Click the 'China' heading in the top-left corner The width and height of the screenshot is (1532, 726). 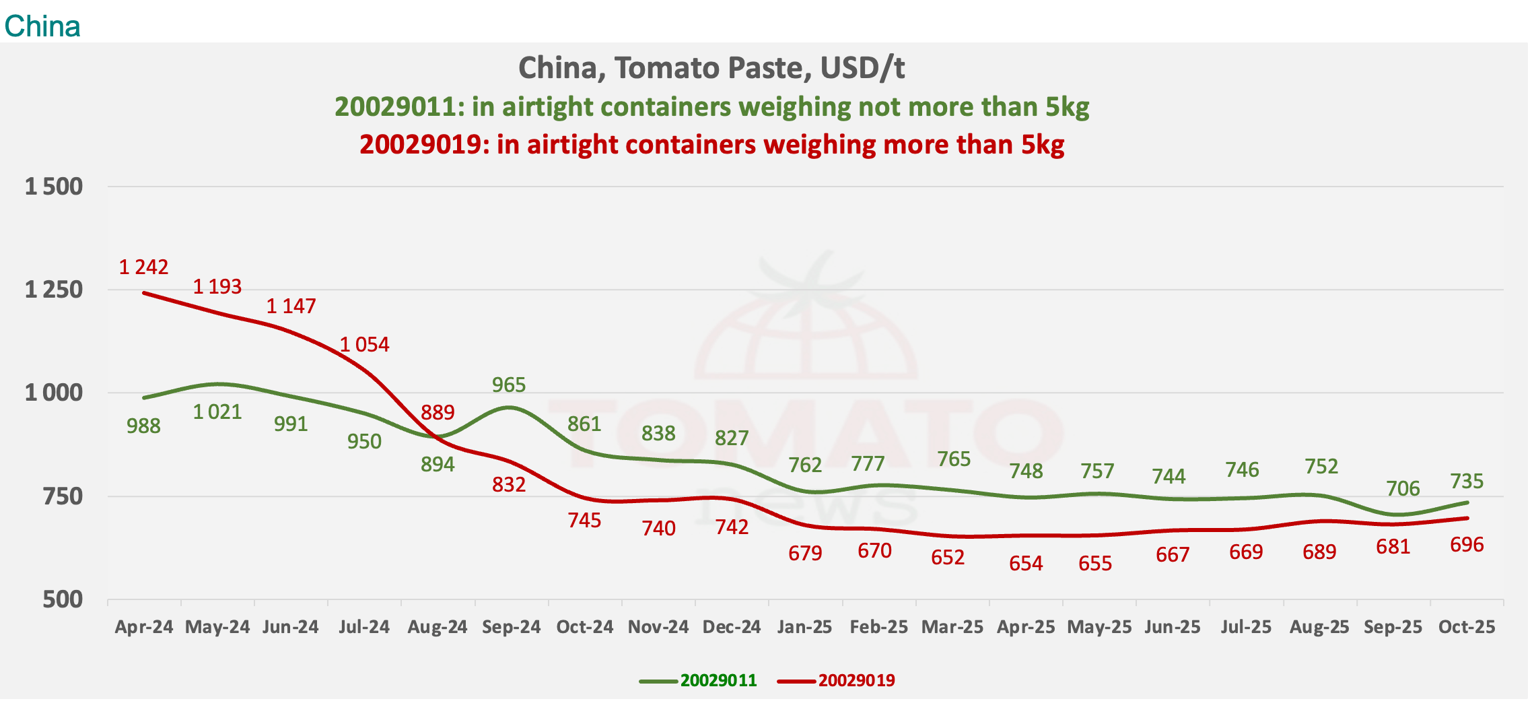(x=42, y=26)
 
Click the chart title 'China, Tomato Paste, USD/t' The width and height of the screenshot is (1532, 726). (x=711, y=68)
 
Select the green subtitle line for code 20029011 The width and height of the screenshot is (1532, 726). (x=711, y=107)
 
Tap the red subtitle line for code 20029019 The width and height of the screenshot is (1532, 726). (x=711, y=145)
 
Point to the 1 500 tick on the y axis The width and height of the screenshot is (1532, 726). (x=54, y=187)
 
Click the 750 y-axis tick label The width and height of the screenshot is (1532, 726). (x=63, y=496)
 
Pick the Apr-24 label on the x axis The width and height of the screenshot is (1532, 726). (x=144, y=627)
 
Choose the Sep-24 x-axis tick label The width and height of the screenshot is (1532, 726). (x=511, y=627)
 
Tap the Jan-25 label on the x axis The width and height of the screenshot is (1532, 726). (x=804, y=627)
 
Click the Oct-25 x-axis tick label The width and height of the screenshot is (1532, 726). (x=1466, y=627)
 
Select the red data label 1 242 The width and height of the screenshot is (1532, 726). (x=143, y=267)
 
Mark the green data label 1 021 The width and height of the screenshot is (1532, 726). (x=217, y=411)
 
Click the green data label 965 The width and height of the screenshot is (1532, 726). (x=508, y=385)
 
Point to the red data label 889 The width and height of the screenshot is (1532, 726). (x=438, y=412)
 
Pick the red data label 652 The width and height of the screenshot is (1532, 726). (x=948, y=557)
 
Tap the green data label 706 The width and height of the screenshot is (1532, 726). (x=1403, y=488)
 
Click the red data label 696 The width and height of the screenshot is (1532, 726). (x=1467, y=544)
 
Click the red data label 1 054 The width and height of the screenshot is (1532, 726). (x=364, y=345)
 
